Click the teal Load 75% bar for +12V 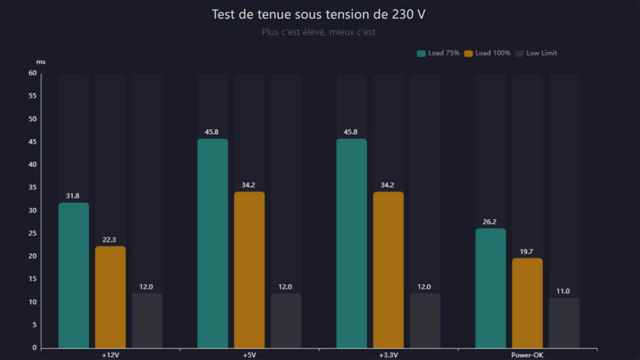coord(73,275)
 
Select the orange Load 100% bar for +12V coord(110,297)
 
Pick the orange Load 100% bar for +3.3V coord(388,269)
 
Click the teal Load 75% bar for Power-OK coord(490,288)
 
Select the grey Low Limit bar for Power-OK coord(564,322)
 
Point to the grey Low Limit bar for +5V coord(286,320)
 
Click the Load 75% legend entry coord(438,53)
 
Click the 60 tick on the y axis coord(33,73)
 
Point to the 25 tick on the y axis coord(33,234)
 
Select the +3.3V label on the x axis coord(388,355)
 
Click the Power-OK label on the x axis coord(527,355)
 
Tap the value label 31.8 coord(73,196)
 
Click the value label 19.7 coord(527,252)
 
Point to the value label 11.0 coord(564,291)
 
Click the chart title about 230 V coord(319,14)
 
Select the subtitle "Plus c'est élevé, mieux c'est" coord(319,32)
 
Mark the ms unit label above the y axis coord(41,62)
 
